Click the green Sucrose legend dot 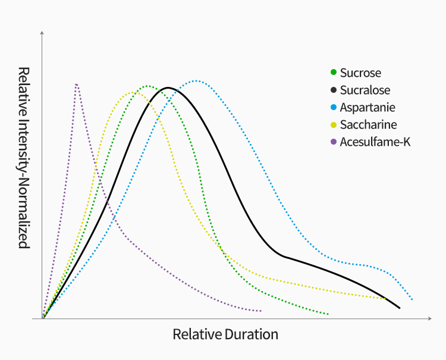(x=334, y=73)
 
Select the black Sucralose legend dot (x=334, y=90)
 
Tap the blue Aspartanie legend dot (x=334, y=108)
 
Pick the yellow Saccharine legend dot (x=334, y=125)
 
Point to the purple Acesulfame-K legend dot (x=334, y=142)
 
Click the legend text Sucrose (x=360, y=73)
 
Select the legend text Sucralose (x=365, y=90)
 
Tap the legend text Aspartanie (x=368, y=108)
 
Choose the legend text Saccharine (x=368, y=125)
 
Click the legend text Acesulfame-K (x=375, y=142)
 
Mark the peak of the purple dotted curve (x=77, y=84)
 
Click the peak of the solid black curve (x=168, y=87)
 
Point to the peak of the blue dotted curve (x=196, y=80)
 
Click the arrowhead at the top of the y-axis (x=42, y=31)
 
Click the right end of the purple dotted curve (x=261, y=311)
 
